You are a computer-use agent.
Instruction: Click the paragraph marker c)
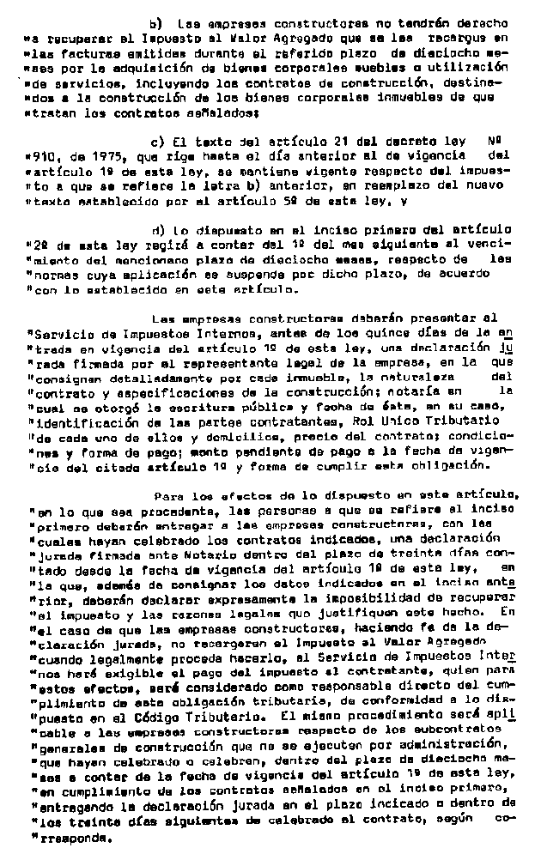[x=155, y=142]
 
